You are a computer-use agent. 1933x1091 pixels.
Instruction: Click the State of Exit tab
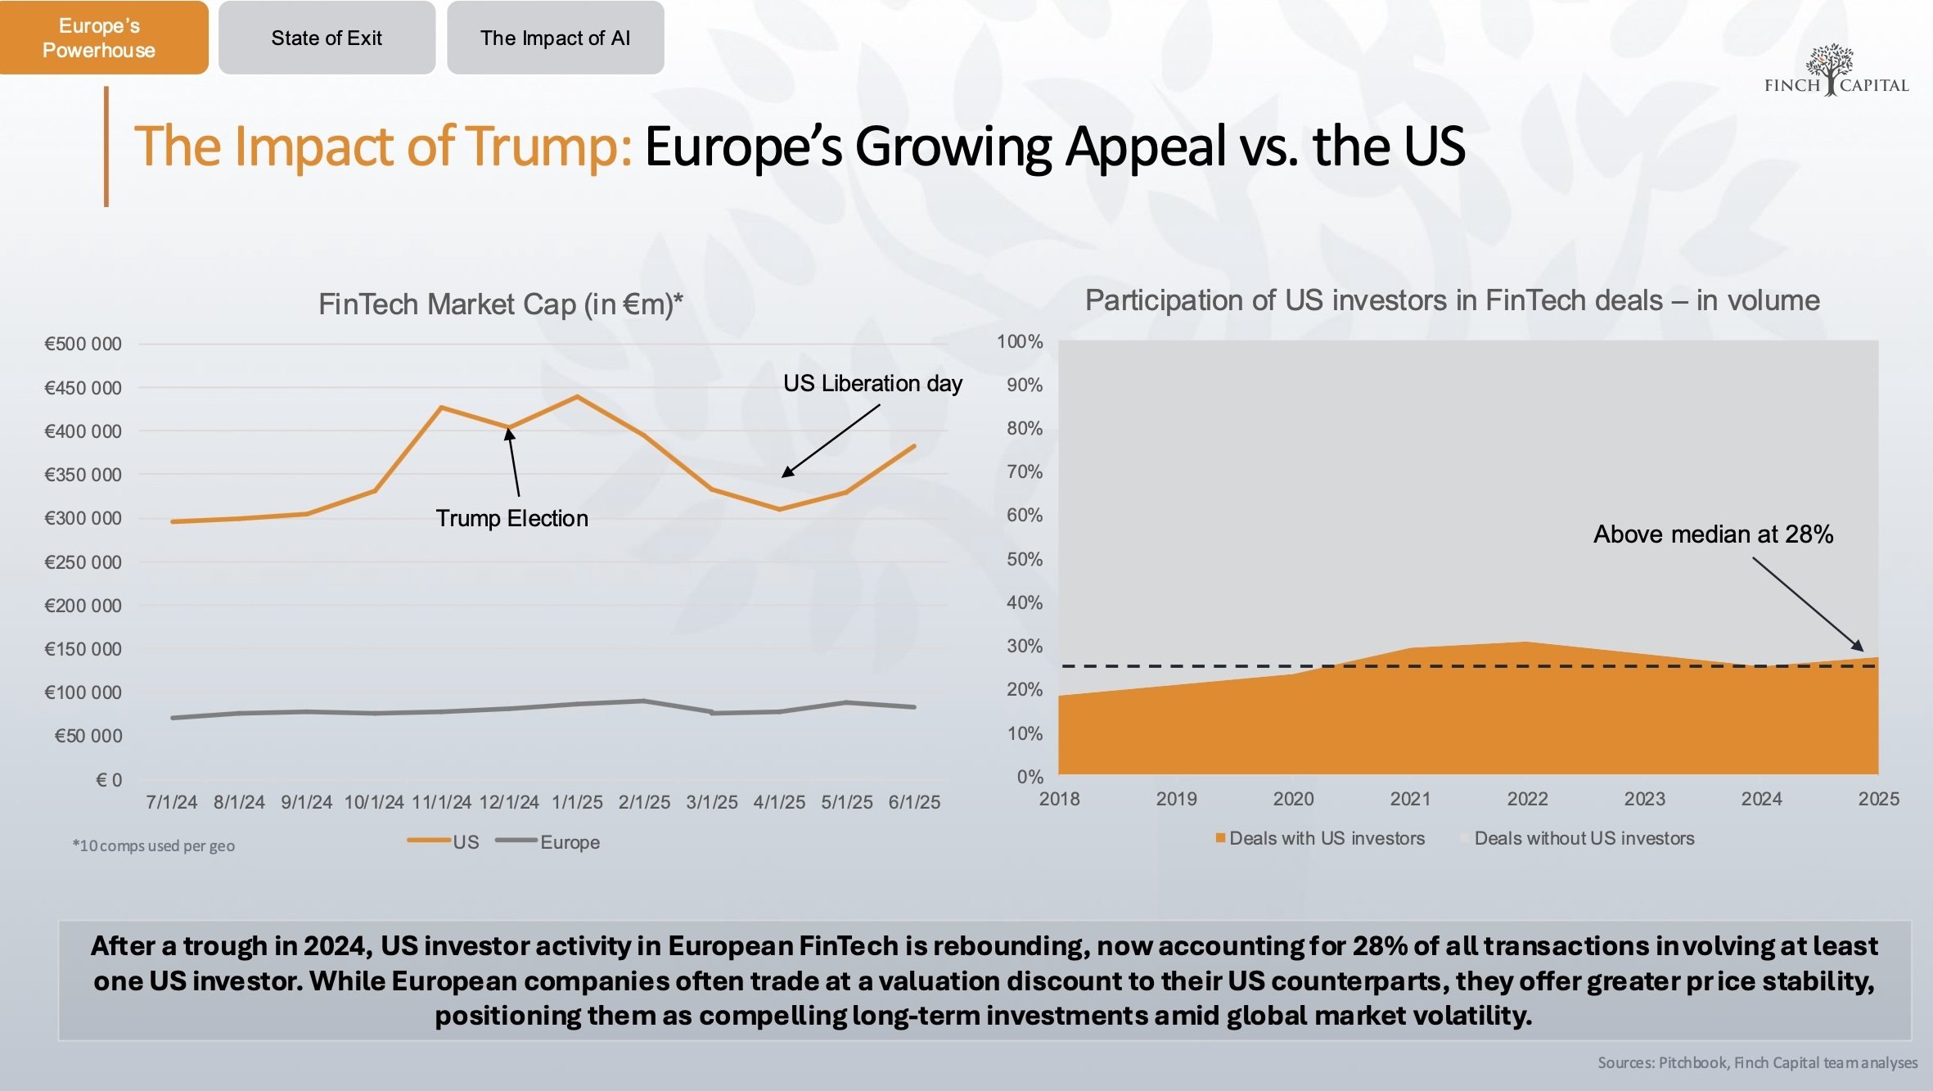point(327,38)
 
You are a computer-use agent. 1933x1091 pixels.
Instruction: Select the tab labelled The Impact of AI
point(555,38)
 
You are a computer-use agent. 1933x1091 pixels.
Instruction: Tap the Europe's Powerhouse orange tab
point(99,38)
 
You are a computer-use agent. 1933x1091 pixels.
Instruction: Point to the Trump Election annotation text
point(511,518)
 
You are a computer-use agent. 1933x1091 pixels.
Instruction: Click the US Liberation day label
point(872,383)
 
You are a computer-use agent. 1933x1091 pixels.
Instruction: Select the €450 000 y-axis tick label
point(83,388)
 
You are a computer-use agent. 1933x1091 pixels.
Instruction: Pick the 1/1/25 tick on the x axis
point(577,802)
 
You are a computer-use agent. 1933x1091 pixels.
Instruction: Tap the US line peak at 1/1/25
point(578,397)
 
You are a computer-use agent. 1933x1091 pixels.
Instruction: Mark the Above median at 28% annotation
point(1713,534)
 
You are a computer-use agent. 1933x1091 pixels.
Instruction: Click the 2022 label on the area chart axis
point(1527,799)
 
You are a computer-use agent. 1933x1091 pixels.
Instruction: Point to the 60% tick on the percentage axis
point(1024,516)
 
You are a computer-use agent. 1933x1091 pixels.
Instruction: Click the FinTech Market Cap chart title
point(500,304)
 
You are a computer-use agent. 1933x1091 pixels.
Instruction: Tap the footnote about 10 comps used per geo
point(153,845)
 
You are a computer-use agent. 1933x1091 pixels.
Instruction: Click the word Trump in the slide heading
point(545,147)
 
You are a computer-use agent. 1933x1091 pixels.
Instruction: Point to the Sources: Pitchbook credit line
point(1757,1062)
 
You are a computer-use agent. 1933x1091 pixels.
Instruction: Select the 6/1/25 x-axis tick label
point(914,802)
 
